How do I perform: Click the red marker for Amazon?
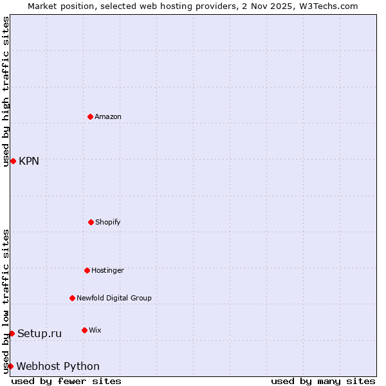(90, 116)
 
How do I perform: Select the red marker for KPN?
(13, 161)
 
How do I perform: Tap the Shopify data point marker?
(91, 222)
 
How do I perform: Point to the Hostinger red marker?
(87, 270)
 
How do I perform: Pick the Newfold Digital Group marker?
(72, 298)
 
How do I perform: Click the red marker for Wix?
(84, 330)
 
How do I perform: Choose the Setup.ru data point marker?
(12, 333)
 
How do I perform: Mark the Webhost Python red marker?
(10, 366)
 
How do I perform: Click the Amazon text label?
(108, 116)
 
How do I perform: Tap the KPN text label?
(29, 161)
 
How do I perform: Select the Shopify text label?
(108, 222)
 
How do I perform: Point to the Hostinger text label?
(107, 270)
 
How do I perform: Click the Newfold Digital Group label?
(114, 298)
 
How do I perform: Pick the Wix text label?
(95, 330)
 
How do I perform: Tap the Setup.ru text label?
(39, 333)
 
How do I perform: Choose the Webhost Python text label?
(58, 366)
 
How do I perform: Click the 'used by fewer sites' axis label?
(66, 381)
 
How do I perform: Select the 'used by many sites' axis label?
(323, 381)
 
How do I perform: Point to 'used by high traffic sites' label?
(6, 91)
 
